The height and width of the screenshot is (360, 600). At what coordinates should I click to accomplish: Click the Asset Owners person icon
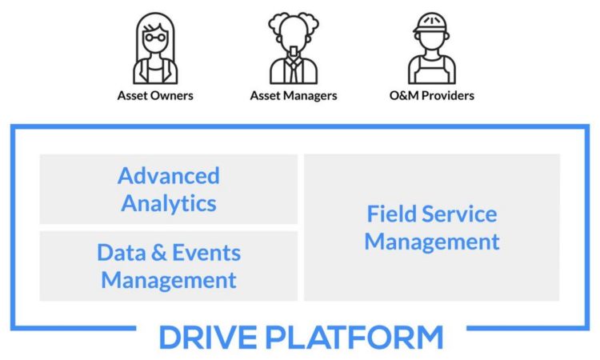coord(155,48)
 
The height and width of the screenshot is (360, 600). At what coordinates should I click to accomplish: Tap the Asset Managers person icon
coord(294,48)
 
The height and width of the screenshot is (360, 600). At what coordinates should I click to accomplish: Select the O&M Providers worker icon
coord(432,48)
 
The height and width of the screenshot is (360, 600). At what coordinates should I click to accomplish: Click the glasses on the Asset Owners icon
coord(155,38)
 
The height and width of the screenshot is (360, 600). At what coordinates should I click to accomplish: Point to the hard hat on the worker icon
coord(431,23)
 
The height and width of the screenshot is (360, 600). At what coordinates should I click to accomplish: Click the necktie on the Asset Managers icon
coord(294,69)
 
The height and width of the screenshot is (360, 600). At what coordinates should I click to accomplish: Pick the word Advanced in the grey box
coord(169,176)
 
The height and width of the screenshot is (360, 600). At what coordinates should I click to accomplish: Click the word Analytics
coord(169,203)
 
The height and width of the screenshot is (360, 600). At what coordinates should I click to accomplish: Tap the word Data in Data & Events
coord(122,253)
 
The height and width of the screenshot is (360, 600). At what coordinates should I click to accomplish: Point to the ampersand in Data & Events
coord(159,253)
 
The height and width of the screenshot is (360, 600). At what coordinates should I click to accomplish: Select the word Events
coord(206,253)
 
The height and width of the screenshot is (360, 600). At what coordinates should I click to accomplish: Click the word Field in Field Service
coord(391,214)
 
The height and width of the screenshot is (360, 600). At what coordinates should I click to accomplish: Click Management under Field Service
coord(432,242)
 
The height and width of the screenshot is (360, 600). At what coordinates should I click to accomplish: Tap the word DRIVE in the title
coord(208,337)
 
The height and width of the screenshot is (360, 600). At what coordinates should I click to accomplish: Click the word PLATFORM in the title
coord(354,337)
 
